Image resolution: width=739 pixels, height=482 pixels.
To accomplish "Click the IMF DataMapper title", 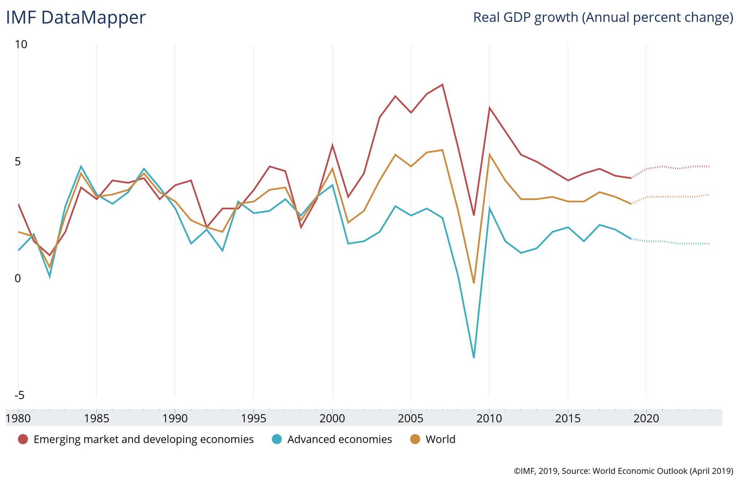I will pos(76,18).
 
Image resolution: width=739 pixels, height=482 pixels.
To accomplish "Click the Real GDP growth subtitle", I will pos(603,17).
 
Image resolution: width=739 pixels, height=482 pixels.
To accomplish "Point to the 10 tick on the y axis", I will pos(21,44).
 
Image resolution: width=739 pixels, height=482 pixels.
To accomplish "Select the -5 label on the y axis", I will pos(19,395).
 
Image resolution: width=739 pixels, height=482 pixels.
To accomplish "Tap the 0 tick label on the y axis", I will pos(18,278).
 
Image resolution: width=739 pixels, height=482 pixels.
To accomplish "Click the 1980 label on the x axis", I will pos(18,418).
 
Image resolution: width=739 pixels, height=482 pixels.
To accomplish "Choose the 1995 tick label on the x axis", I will pos(253,418).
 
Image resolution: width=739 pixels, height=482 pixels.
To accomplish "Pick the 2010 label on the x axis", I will pos(489,418).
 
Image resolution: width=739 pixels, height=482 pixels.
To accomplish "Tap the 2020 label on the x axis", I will pos(646,418).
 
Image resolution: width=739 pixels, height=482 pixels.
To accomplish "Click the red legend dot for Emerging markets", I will pos(23,439).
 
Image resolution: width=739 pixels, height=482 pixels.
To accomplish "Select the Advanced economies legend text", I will pos(340,439).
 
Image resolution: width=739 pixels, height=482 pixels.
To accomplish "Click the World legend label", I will pos(440,439).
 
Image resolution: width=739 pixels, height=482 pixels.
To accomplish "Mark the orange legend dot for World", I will pos(415,439).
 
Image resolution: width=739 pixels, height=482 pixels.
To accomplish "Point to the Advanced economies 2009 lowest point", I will pos(474,358).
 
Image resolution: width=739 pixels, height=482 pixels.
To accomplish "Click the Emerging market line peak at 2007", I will pos(442,85).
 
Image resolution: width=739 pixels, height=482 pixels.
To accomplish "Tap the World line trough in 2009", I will pos(474,283).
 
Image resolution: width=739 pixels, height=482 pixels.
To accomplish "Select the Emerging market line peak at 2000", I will pos(332,145).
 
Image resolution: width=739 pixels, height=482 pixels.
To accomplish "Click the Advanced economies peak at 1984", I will pos(81,166).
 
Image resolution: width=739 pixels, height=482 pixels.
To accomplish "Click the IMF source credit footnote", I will pos(624,471).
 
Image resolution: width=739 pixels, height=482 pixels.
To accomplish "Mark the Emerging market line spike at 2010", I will pos(489,108).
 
